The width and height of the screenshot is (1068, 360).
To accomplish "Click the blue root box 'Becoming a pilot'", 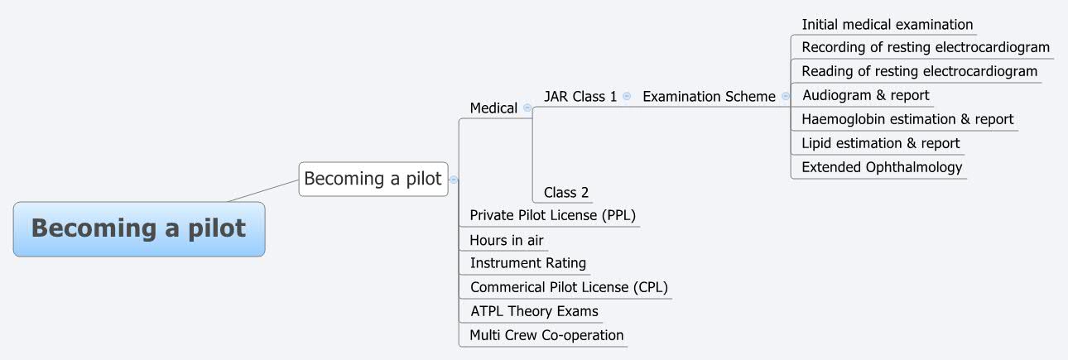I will (139, 229).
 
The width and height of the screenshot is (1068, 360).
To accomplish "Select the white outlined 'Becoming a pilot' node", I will (373, 179).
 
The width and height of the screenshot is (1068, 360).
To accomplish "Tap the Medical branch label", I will (493, 108).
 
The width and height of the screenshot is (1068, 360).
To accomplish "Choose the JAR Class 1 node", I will (580, 96).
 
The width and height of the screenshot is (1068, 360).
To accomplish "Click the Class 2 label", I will (566, 193).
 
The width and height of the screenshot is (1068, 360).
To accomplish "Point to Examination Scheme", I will (709, 96).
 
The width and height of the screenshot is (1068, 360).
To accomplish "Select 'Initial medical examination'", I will (887, 25).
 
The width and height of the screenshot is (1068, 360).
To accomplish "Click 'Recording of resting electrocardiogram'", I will (925, 47).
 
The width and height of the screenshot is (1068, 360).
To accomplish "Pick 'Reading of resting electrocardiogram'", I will (919, 71).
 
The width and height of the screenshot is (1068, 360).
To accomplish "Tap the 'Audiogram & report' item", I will (865, 95).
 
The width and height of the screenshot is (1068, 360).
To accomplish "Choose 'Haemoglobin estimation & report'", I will (907, 119).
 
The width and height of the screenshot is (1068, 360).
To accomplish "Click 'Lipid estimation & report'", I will (880, 143).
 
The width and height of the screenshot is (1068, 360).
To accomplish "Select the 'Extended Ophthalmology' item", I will (882, 167).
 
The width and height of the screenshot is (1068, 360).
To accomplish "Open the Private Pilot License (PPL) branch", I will (552, 215).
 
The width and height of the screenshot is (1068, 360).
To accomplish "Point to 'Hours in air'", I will (507, 240).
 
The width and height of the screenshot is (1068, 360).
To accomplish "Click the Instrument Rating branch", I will (528, 263).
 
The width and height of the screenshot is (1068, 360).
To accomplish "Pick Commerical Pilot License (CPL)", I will (569, 287).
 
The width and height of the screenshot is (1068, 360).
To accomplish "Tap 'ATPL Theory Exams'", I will (534, 311).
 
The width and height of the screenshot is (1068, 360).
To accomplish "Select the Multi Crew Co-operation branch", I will (546, 335).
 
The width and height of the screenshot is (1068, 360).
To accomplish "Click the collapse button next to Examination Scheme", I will (786, 96).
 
